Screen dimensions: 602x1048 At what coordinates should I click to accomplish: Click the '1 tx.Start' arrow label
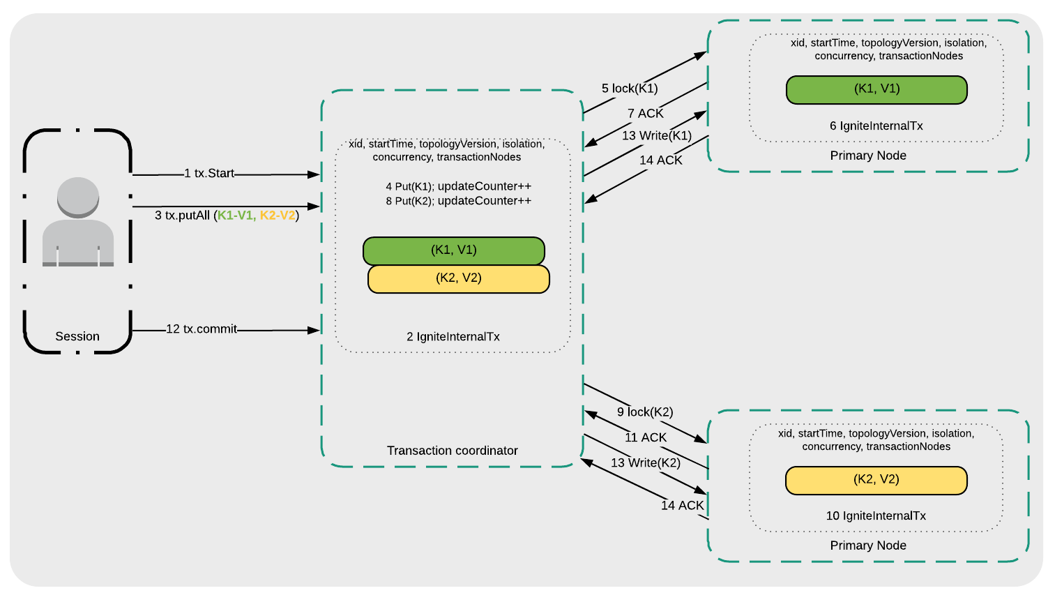209,173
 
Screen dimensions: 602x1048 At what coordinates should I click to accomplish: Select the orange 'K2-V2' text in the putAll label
278,216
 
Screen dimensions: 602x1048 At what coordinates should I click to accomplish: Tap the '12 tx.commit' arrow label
202,329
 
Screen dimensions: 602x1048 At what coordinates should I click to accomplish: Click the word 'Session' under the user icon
77,336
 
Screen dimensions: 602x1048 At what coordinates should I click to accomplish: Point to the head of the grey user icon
78,196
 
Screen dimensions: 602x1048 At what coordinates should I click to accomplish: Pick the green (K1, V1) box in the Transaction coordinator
453,250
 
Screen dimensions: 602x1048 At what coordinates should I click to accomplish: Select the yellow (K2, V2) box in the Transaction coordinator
459,278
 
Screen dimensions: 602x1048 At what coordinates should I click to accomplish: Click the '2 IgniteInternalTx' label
453,336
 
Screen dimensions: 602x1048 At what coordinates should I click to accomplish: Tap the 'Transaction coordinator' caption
452,451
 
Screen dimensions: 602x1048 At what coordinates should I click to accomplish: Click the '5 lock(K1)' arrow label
630,89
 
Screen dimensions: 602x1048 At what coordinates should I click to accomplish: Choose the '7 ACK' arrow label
645,113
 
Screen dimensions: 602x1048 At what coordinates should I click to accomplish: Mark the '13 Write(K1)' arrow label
657,135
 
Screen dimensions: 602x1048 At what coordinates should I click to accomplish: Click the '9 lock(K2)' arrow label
645,412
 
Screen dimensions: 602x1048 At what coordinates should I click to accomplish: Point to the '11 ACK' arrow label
646,437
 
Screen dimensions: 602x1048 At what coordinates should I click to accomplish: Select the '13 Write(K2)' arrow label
646,462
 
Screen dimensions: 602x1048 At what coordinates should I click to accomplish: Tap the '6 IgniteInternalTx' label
876,126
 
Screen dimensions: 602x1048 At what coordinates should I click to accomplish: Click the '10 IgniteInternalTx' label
876,516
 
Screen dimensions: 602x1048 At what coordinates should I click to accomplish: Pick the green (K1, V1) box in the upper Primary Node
876,89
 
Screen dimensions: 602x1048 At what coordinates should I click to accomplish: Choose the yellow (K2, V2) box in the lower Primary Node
876,480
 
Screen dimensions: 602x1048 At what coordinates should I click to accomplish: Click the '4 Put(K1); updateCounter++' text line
458,186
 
